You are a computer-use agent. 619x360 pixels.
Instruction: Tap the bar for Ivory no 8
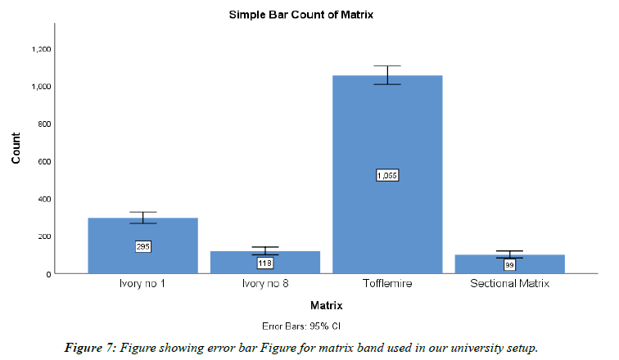(x=264, y=266)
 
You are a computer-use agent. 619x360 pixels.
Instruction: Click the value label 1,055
(x=387, y=175)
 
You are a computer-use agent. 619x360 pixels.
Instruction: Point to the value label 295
(x=142, y=246)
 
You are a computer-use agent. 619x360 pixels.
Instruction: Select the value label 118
(x=264, y=263)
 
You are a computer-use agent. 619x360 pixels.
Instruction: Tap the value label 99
(x=509, y=265)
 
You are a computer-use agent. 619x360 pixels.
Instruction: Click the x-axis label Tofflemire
(x=387, y=285)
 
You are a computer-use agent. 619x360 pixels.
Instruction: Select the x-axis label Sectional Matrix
(x=509, y=285)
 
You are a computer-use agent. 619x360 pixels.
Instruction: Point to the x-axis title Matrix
(x=326, y=305)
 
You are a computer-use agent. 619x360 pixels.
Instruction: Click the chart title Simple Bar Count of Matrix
(x=325, y=16)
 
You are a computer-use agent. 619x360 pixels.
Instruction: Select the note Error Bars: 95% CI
(x=326, y=324)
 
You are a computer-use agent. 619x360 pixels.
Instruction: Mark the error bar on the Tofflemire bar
(x=387, y=74)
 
